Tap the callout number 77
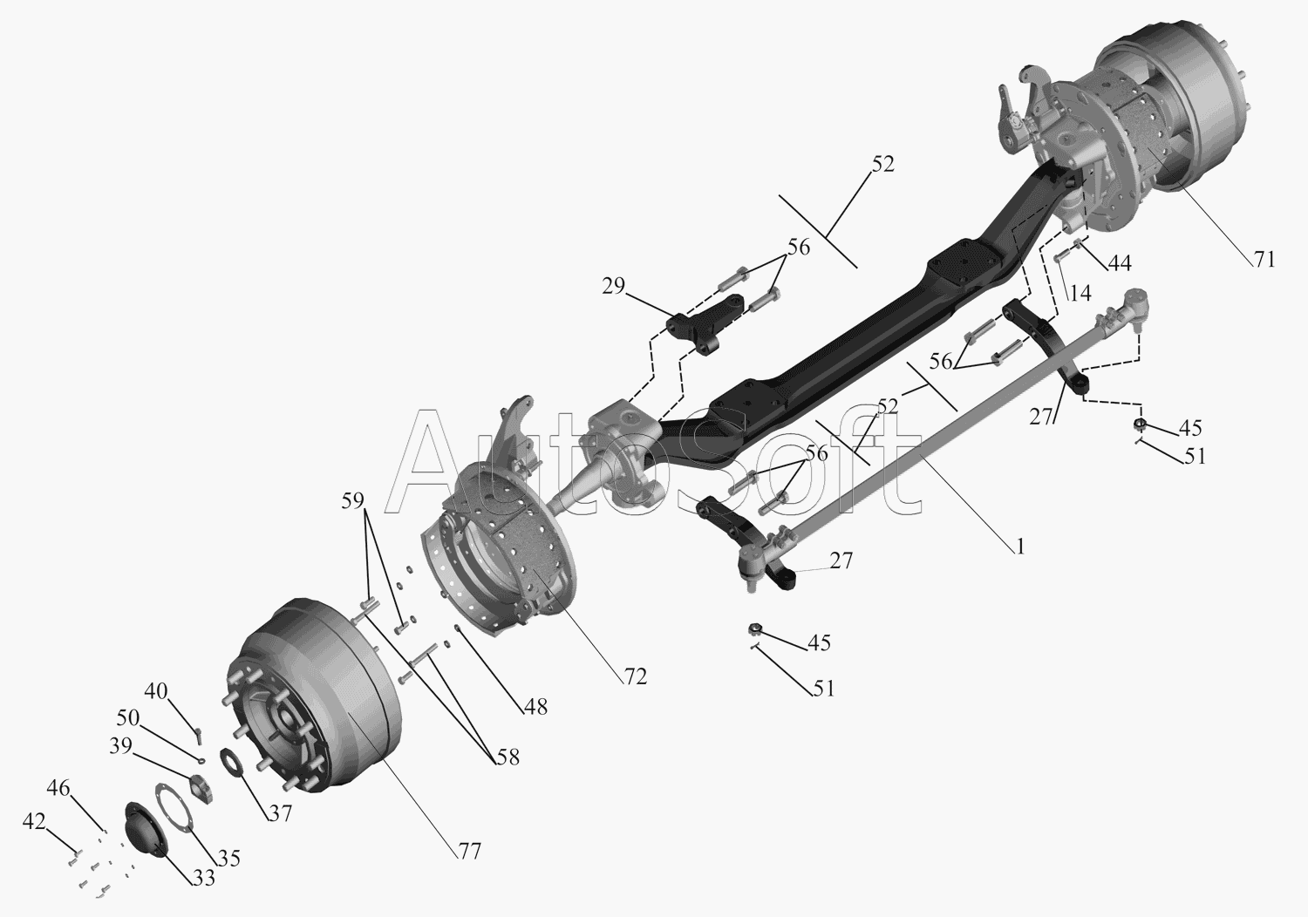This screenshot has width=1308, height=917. point(469,852)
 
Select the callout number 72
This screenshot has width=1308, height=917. point(636,676)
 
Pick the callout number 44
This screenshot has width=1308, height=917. point(1120,263)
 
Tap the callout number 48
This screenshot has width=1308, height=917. point(535,707)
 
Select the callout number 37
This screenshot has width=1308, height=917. point(280,813)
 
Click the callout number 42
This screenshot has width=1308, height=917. point(34,822)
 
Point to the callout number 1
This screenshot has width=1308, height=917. point(1020,547)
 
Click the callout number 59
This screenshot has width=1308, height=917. point(352,500)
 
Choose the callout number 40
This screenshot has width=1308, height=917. point(156,691)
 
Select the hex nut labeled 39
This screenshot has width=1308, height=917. point(201,787)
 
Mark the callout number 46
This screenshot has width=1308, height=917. point(58,788)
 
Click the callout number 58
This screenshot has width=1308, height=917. point(508,757)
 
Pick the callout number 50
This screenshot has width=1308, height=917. point(128,717)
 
